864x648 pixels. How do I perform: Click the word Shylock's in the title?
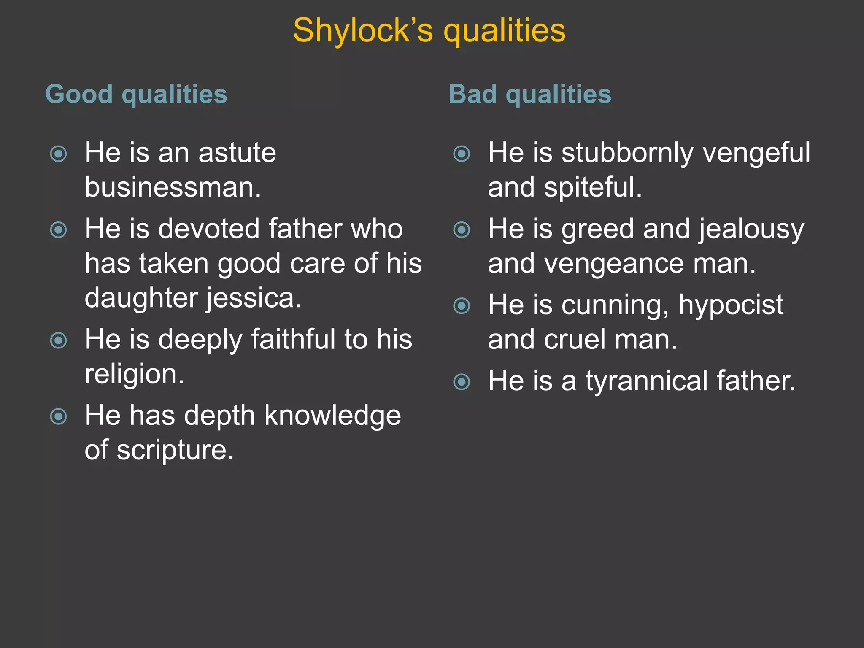(363, 30)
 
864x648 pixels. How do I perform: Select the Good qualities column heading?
(136, 94)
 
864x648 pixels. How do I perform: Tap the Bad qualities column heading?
(529, 94)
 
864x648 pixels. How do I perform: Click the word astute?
(237, 152)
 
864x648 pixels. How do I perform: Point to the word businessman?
(173, 187)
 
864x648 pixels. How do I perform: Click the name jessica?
(254, 298)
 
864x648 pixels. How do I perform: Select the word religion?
(134, 374)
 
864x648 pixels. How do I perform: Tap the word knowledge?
(332, 416)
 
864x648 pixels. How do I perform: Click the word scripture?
(175, 450)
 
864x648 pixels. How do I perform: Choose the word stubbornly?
(627, 152)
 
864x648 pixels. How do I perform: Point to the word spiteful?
(593, 187)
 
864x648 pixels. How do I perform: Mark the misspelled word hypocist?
(731, 305)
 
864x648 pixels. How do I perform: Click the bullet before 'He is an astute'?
(58, 154)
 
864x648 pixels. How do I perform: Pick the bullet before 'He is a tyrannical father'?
(462, 382)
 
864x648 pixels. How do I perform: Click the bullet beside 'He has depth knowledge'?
(58, 417)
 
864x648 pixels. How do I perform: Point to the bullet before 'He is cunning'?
(462, 306)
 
